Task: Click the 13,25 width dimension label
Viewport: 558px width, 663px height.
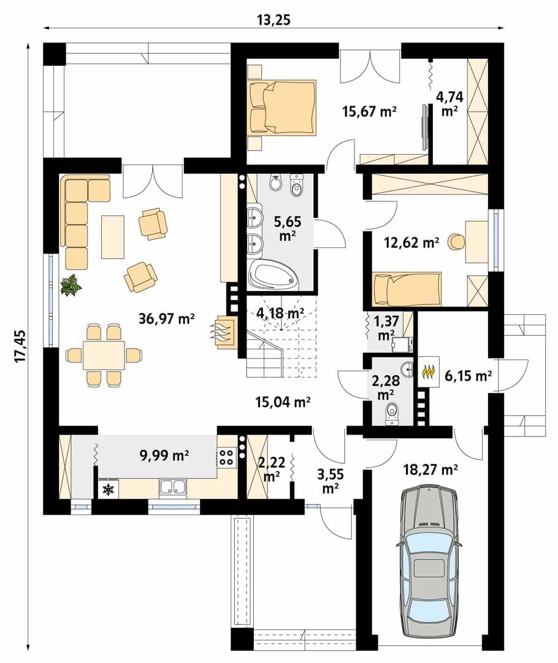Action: pyautogui.click(x=274, y=20)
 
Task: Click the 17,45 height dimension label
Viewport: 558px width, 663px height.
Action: pyautogui.click(x=20, y=345)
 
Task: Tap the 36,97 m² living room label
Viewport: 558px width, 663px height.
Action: pyautogui.click(x=166, y=319)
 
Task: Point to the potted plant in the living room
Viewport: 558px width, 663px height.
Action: pyautogui.click(x=71, y=285)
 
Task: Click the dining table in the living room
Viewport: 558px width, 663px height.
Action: pyautogui.click(x=104, y=355)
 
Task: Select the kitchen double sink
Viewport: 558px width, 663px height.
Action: pyautogui.click(x=172, y=487)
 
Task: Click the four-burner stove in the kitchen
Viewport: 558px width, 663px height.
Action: pyautogui.click(x=227, y=457)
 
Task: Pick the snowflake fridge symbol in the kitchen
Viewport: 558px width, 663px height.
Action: pyautogui.click(x=109, y=490)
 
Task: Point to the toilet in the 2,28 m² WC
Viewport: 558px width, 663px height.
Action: pyautogui.click(x=392, y=414)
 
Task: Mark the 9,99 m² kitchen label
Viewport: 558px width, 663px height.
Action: pyautogui.click(x=164, y=455)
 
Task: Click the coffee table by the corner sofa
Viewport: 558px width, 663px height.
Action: pyautogui.click(x=113, y=237)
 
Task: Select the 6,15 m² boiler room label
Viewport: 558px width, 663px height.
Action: pyautogui.click(x=468, y=375)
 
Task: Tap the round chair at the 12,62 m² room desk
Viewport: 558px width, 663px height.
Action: pyautogui.click(x=456, y=241)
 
